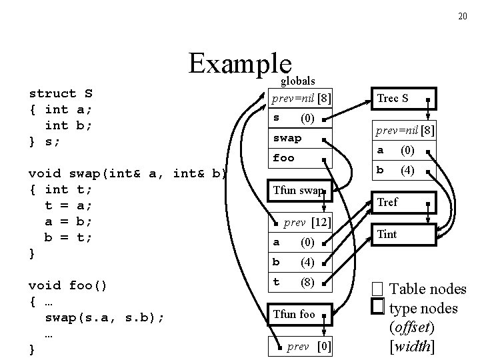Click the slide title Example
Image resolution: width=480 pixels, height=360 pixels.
tap(240, 64)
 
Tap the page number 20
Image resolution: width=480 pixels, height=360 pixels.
tap(462, 16)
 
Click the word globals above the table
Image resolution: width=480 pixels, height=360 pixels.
tap(297, 81)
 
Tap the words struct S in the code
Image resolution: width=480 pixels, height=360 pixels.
tap(61, 93)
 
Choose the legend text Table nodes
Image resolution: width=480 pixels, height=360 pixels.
tap(427, 289)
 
